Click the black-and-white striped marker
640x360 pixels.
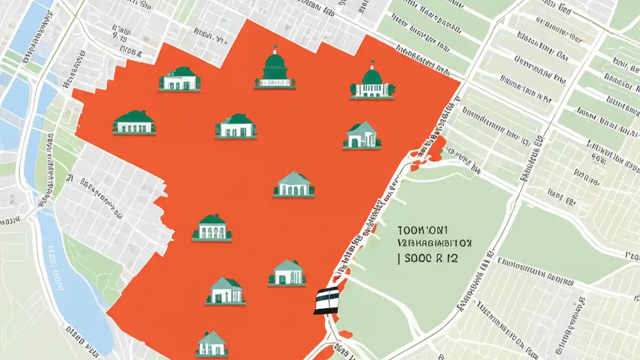326,301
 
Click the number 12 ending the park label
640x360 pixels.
452,258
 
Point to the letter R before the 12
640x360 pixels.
438,258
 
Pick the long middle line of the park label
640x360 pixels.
435,244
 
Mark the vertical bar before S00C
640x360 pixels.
399,258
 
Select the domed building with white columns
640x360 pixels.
372,82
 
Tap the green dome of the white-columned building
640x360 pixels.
372,76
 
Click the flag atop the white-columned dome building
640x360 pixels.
372,64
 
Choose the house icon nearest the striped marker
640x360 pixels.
287,273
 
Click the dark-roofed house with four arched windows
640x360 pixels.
212,228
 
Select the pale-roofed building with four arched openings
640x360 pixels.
293,184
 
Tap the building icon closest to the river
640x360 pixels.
134,123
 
